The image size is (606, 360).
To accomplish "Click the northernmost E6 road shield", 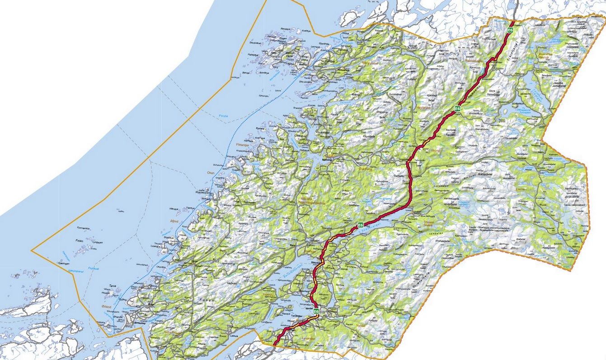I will [x=510, y=30].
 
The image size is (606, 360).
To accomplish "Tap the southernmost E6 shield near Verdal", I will [x=316, y=311].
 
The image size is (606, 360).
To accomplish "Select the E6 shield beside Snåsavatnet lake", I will [x=361, y=225].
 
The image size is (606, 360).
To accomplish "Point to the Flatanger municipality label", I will [x=243, y=145].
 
